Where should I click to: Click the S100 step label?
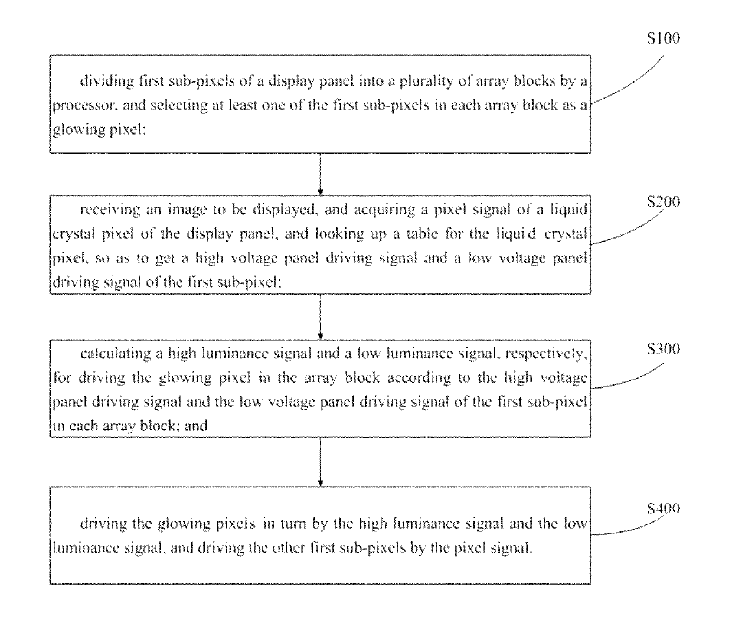[664, 38]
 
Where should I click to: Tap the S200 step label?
[664, 202]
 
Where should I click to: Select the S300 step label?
[664, 349]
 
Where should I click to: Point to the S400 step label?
[664, 508]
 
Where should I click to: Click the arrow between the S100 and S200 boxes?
[320, 174]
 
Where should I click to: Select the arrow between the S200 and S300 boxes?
[320, 317]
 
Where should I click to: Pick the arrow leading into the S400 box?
[320, 462]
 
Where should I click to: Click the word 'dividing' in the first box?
[107, 81]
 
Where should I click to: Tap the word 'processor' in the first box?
[84, 106]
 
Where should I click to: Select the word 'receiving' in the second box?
[110, 210]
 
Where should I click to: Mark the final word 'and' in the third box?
[196, 426]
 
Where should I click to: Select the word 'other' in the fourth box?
[288, 548]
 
